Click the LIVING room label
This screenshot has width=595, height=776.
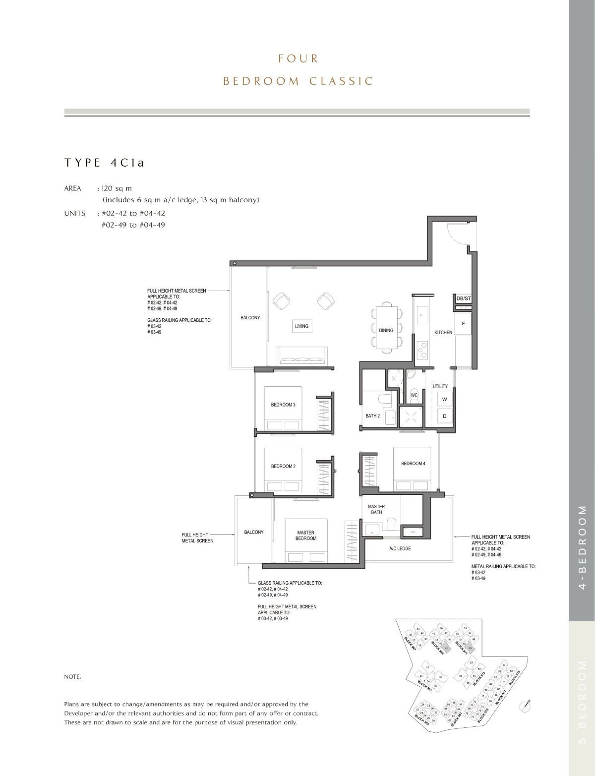pos(301,326)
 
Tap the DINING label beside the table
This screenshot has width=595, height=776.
pos(386,330)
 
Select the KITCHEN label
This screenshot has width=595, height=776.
pos(443,332)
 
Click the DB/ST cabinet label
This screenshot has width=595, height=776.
pos(463,299)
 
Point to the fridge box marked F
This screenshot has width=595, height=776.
pos(463,323)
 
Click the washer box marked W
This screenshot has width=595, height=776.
pos(444,400)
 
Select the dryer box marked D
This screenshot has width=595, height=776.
pos(444,417)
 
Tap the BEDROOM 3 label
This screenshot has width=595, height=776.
pos(283,405)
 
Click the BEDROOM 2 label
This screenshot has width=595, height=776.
pos(283,466)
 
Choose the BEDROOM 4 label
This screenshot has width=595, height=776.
pos(413,464)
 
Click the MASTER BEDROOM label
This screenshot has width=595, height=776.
pos(306,536)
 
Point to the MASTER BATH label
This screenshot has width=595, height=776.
pos(376,509)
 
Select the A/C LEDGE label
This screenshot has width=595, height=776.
pos(400,548)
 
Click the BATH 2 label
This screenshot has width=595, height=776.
pos(372,416)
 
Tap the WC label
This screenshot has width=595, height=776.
pos(414,395)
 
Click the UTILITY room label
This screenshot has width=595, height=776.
pos(440,386)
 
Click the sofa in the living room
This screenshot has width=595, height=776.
pos(302,356)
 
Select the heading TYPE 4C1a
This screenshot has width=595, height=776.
pos(104,163)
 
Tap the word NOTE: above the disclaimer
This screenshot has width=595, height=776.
pos(73,677)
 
